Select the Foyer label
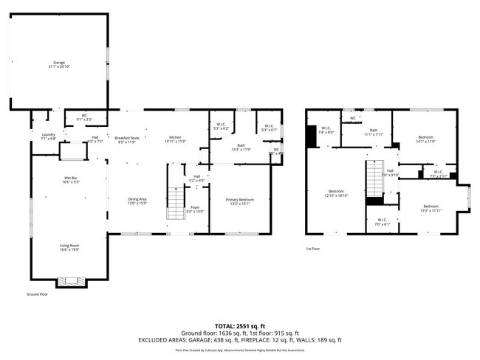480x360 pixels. point(195,209)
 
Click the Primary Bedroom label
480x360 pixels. point(241,201)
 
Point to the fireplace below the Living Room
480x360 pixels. point(72,281)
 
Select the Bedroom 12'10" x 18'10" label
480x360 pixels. point(337,193)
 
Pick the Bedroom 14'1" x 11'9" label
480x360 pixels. point(425,139)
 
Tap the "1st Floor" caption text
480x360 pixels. point(313,249)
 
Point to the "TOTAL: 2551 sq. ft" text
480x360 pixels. point(240,325)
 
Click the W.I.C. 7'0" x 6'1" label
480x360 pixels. point(382,221)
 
